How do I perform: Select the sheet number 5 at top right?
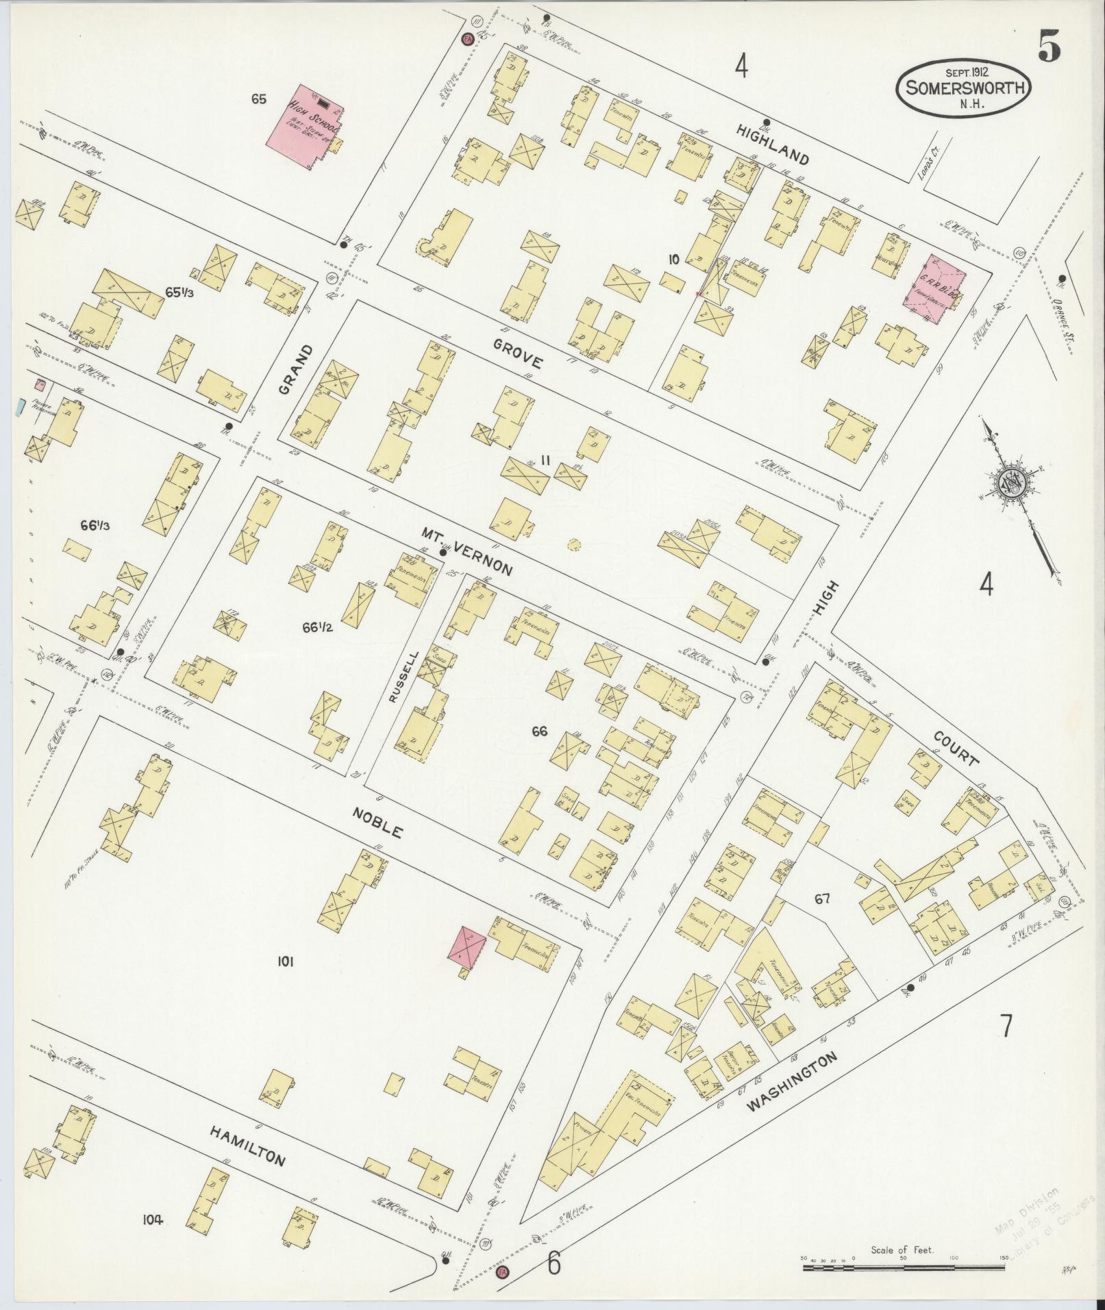(x=1049, y=46)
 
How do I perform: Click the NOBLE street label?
(x=377, y=822)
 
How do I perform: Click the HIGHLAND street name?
(x=773, y=147)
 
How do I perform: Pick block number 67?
(x=822, y=899)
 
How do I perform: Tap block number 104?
(x=153, y=1220)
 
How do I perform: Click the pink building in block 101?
(x=467, y=945)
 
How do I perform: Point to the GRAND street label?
(x=295, y=369)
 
